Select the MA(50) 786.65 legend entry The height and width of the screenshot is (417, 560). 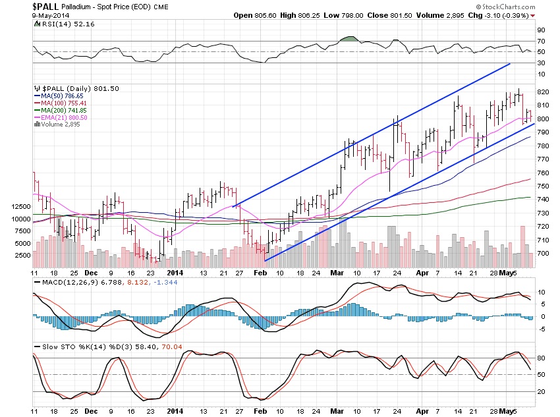coord(61,96)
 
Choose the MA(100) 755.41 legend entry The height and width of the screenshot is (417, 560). coord(62,103)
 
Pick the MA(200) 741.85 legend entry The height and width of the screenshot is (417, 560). coord(62,111)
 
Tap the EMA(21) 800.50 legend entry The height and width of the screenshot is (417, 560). coord(62,118)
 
